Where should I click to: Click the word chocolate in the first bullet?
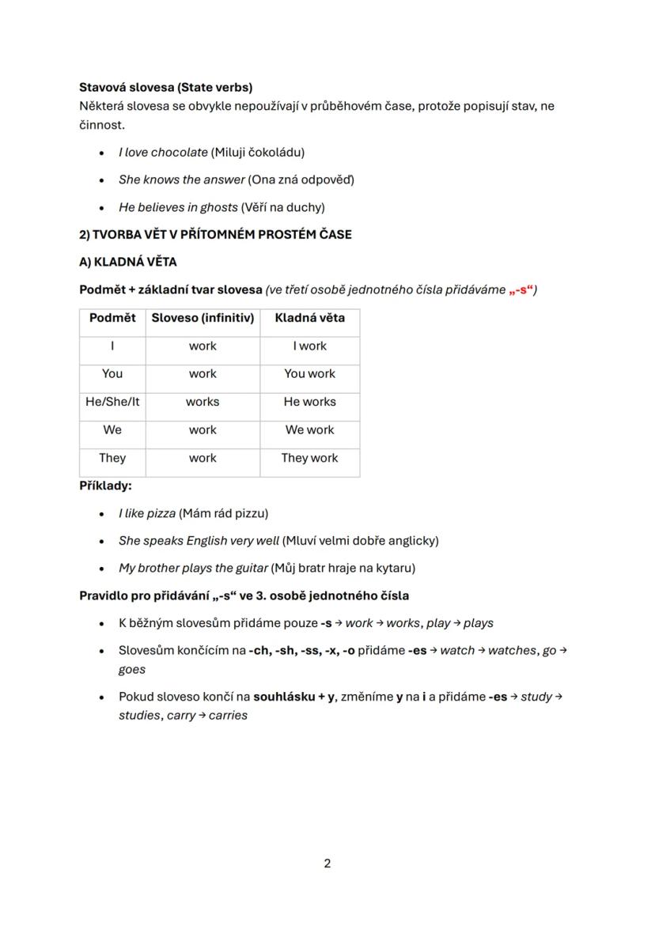[x=179, y=152]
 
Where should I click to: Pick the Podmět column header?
[x=112, y=318]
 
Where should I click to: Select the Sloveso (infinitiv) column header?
[x=203, y=318]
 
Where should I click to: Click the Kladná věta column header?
[x=309, y=318]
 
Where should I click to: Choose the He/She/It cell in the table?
[x=112, y=402]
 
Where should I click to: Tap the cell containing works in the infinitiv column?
[x=203, y=402]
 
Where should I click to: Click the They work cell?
[x=309, y=458]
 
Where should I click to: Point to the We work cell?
[x=309, y=430]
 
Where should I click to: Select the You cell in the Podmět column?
[x=112, y=374]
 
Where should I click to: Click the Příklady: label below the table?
[x=105, y=486]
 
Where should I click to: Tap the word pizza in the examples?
[x=161, y=513]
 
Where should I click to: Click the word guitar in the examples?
[x=251, y=568]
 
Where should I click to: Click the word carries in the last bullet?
[x=228, y=716]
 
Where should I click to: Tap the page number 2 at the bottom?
[x=327, y=864]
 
